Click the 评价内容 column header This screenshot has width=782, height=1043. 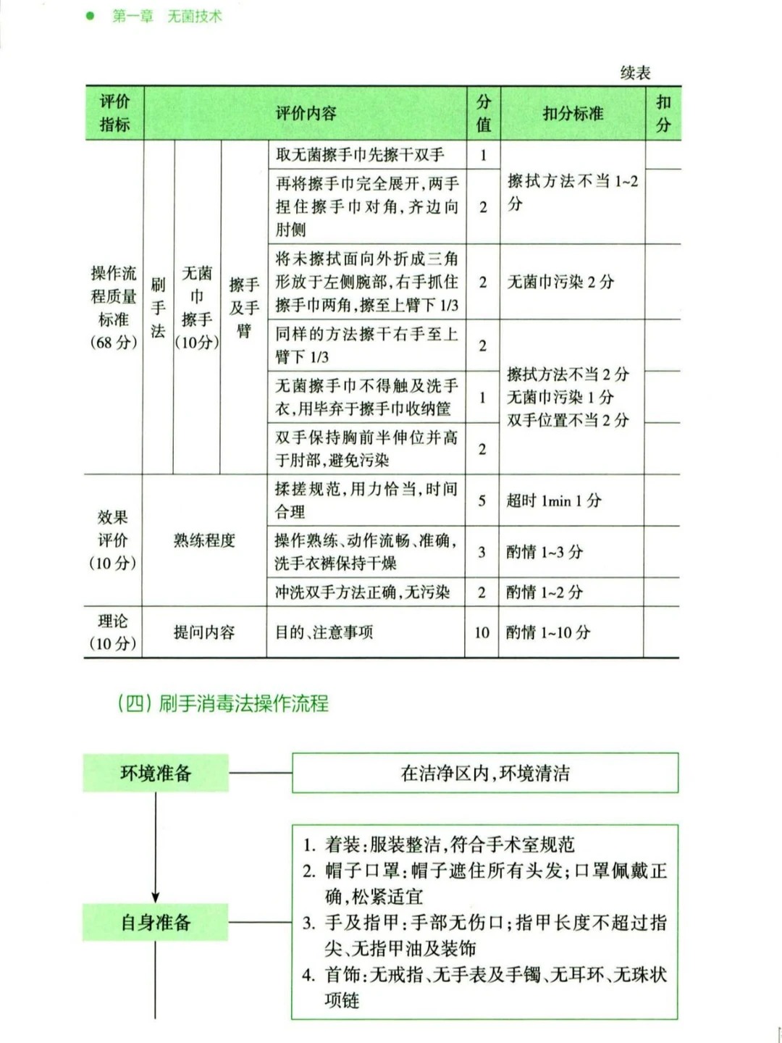tap(306, 114)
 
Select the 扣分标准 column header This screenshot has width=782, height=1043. tap(573, 114)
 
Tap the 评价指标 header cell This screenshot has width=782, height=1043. tap(114, 114)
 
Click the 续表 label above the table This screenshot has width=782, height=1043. tap(635, 72)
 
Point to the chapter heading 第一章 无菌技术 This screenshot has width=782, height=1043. tap(167, 16)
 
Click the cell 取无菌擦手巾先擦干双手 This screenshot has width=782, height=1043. tap(360, 154)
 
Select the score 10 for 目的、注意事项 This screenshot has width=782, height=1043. tap(482, 632)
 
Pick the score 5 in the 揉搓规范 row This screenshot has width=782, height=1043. tap(482, 500)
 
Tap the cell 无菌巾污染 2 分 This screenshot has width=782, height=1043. tap(560, 282)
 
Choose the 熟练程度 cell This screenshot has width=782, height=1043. tap(204, 540)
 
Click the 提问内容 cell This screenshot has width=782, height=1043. tap(204, 632)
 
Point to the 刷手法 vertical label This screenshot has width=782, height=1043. tap(158, 307)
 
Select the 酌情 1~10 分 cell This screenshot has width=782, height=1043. tap(548, 632)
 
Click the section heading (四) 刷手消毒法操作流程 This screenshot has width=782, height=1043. tap(223, 703)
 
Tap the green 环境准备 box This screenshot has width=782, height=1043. tap(156, 773)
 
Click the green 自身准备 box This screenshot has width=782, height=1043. tap(156, 922)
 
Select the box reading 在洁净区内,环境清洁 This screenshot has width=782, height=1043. tap(485, 773)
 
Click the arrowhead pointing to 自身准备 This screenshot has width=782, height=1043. tap(156, 897)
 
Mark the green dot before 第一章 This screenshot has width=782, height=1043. tap(91, 15)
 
